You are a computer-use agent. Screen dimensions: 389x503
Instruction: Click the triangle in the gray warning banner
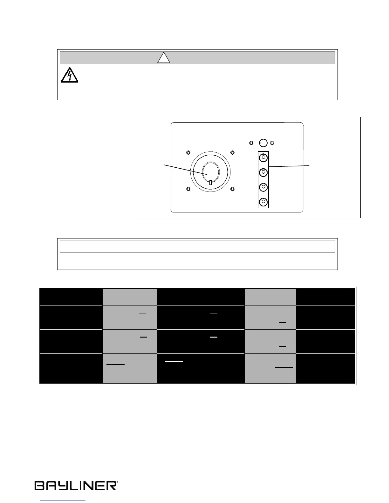click(164, 58)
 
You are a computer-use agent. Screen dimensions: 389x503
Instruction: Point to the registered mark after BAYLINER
click(118, 482)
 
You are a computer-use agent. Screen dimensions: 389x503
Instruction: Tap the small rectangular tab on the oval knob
click(210, 182)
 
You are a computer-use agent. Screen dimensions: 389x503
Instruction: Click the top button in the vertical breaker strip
click(263, 158)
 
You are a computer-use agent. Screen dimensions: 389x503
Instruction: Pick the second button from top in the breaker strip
click(263, 172)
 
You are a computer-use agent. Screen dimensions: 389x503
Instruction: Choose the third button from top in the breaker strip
click(263, 187)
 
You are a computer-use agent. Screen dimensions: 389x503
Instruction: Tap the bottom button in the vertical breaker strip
click(263, 202)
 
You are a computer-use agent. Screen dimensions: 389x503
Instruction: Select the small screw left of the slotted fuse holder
click(251, 143)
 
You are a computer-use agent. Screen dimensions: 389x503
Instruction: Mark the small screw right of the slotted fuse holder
click(272, 143)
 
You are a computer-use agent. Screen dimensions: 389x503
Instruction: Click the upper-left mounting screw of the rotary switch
click(188, 152)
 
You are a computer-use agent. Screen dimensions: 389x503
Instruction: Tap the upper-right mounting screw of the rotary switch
click(232, 152)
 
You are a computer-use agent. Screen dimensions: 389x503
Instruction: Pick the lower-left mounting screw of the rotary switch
click(188, 189)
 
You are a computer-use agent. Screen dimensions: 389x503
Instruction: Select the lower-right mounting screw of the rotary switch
click(232, 189)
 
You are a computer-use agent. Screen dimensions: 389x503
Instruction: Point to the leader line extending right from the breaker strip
click(289, 166)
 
